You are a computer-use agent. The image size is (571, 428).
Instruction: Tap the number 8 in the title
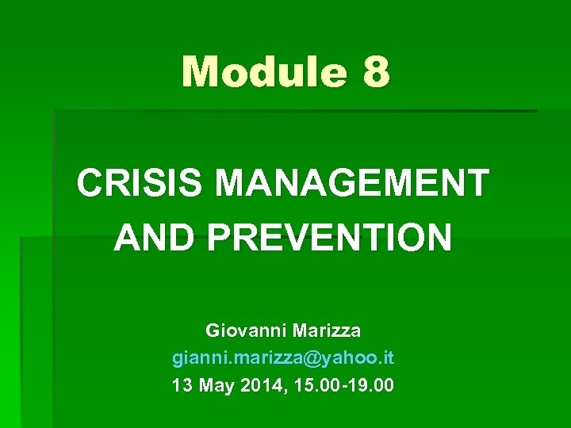click(x=375, y=72)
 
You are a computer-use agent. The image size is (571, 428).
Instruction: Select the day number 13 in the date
click(x=181, y=386)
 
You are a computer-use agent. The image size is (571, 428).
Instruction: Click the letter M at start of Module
click(x=199, y=72)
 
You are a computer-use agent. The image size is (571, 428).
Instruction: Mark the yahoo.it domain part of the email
click(x=357, y=358)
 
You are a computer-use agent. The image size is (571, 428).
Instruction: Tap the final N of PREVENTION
click(x=439, y=237)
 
